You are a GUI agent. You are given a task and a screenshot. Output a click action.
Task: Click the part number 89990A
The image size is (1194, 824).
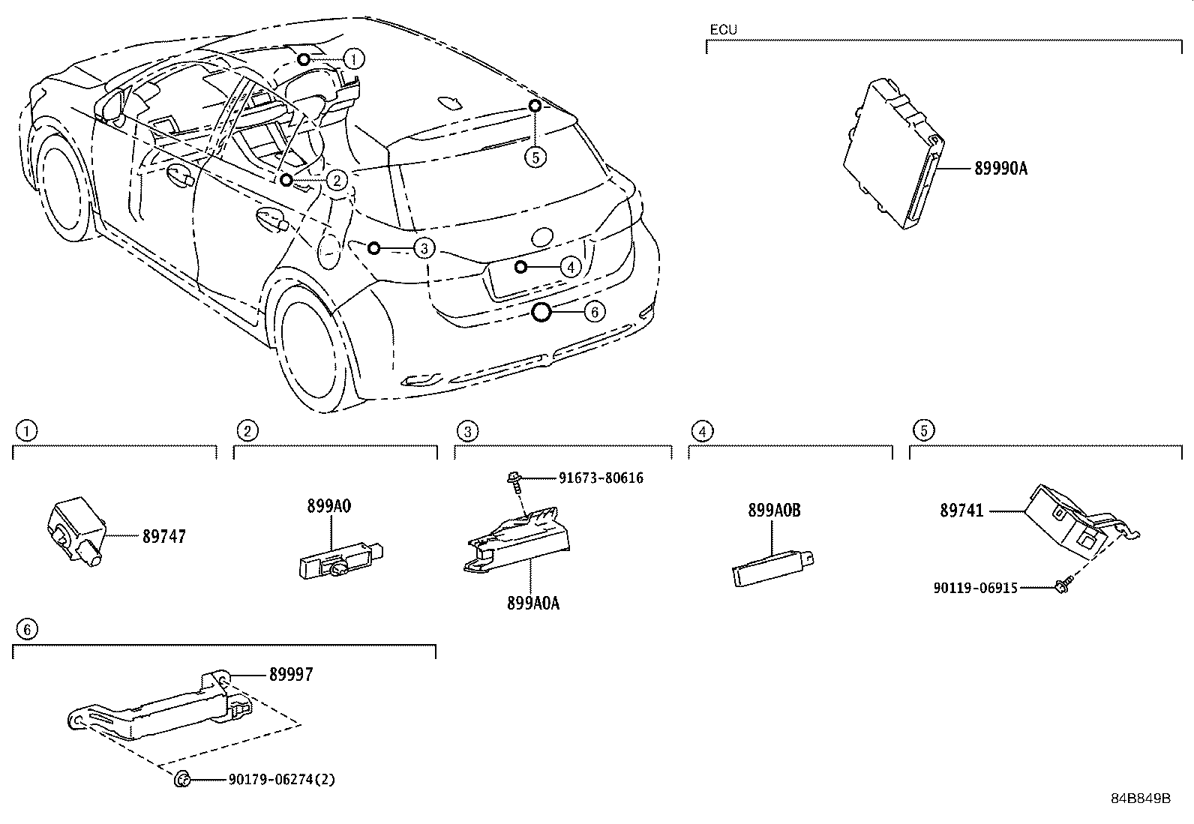1000,169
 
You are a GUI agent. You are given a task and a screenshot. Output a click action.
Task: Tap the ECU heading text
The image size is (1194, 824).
723,30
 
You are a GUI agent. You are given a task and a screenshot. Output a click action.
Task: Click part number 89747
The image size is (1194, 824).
164,537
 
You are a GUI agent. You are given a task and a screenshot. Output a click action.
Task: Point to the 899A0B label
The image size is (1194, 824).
774,511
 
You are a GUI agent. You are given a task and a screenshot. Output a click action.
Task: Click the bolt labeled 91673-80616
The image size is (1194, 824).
514,481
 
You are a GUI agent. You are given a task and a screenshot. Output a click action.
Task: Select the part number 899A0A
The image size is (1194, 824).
532,603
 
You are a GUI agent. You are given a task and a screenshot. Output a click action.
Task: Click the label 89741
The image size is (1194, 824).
962,511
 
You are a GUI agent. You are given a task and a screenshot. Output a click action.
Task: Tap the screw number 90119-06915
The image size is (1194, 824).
975,588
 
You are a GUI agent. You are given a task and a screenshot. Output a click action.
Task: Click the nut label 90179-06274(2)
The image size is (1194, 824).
281,780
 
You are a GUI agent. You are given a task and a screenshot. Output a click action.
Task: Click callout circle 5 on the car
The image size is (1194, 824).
535,157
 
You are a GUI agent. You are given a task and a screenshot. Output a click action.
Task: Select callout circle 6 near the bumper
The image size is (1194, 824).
593,311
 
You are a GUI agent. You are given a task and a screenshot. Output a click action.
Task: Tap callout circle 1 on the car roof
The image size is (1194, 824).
354,58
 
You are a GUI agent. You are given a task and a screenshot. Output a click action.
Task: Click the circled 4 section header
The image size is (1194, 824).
701,431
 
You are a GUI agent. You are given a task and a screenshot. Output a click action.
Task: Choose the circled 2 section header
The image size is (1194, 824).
247,430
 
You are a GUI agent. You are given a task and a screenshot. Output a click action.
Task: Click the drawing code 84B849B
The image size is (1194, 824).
1141,798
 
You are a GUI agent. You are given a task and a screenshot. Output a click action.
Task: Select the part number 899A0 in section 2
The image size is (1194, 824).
328,506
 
